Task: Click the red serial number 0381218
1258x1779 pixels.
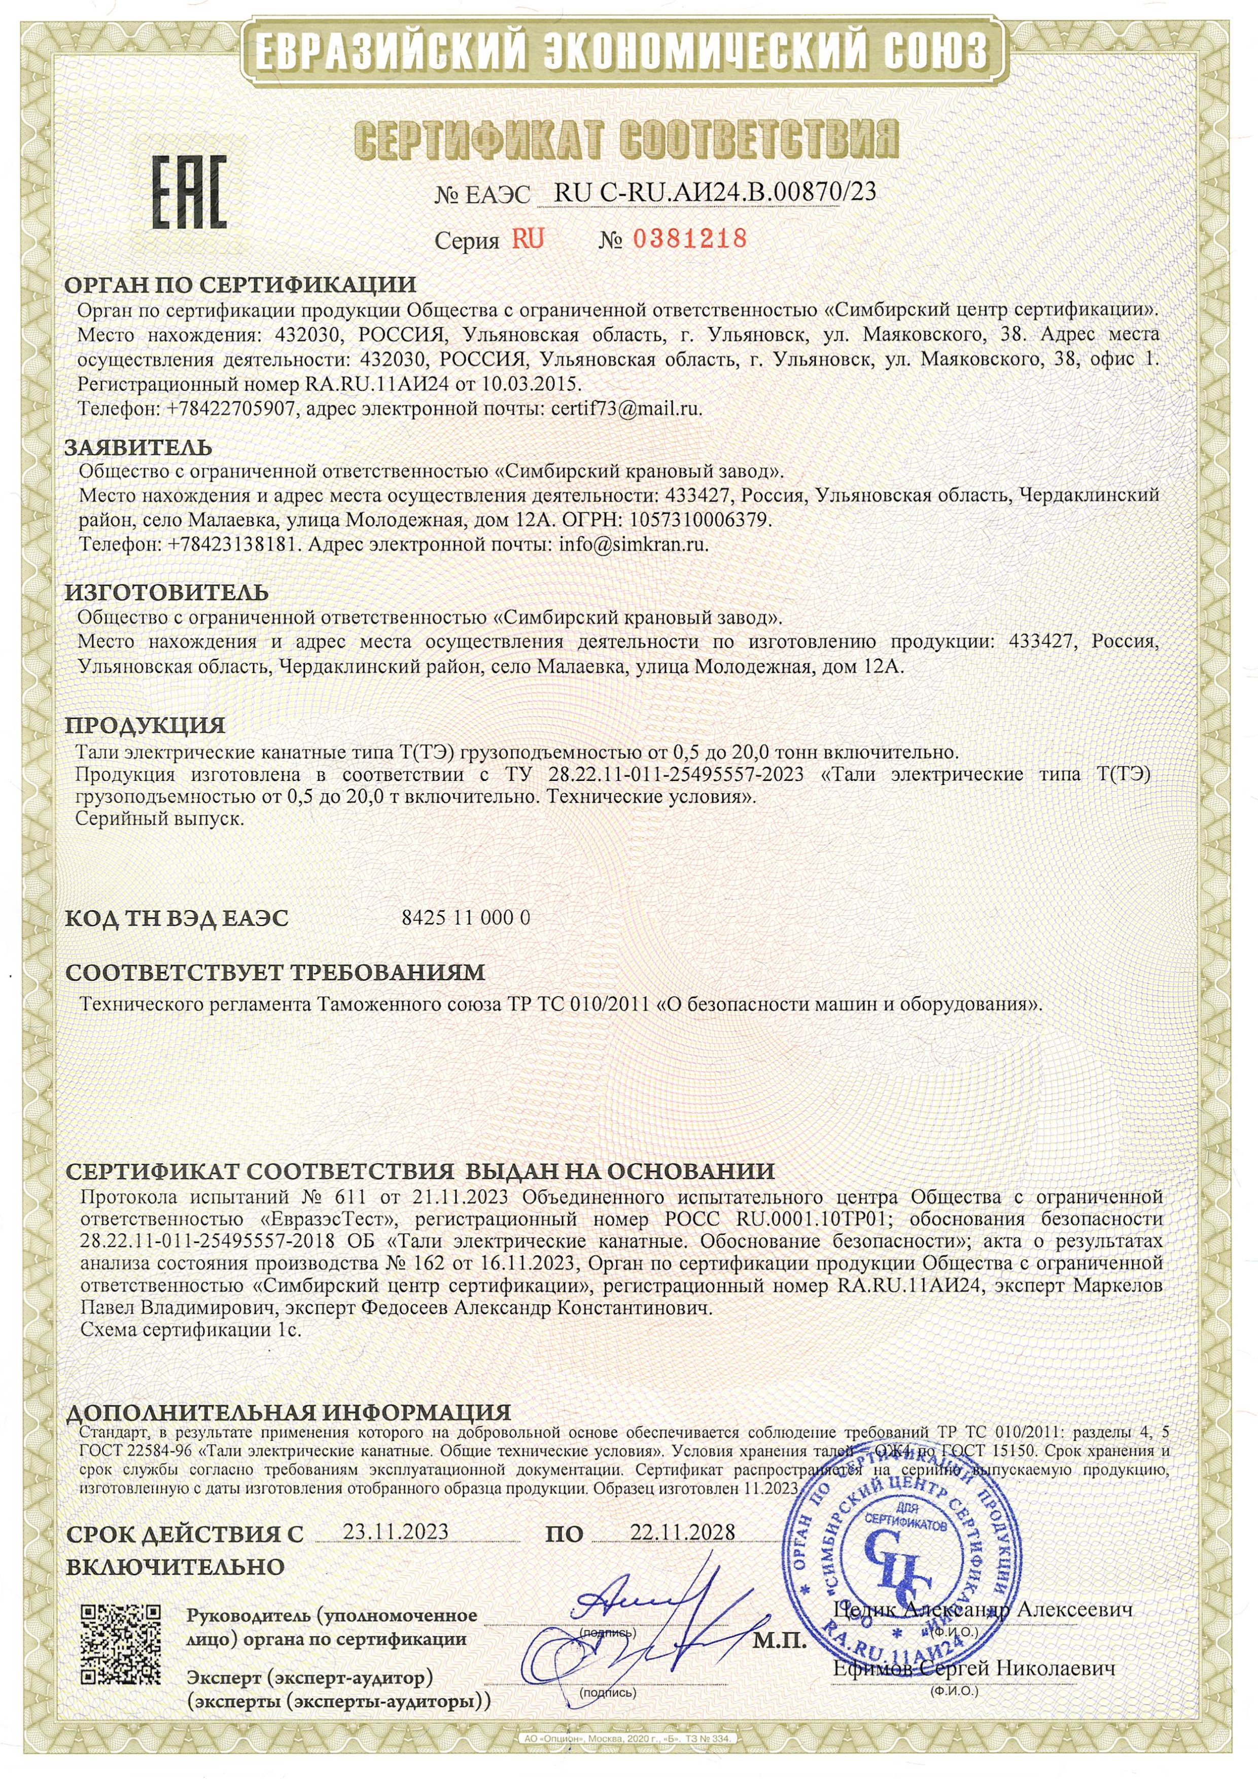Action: click(690, 238)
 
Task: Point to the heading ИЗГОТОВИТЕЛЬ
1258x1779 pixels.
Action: click(167, 593)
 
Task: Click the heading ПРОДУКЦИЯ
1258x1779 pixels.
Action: click(145, 726)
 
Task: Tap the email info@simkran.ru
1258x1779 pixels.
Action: click(633, 544)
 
